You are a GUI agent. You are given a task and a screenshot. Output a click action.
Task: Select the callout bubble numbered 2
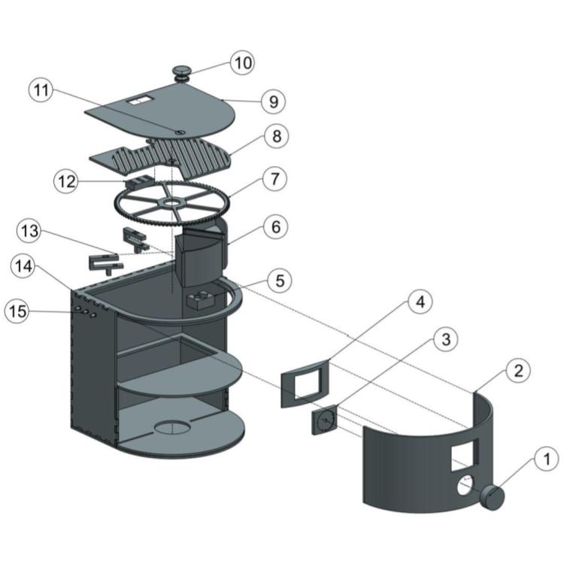click(x=519, y=370)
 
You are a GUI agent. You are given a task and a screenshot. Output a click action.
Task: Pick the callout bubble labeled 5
click(x=280, y=280)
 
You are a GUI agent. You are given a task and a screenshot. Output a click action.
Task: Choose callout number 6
click(x=275, y=226)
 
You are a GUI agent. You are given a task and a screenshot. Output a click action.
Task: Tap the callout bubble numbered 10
click(x=242, y=62)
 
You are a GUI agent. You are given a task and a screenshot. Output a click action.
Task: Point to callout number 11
click(x=42, y=91)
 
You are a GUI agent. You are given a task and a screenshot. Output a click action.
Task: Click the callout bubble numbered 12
click(x=66, y=181)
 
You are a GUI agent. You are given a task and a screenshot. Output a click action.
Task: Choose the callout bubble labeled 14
click(x=23, y=265)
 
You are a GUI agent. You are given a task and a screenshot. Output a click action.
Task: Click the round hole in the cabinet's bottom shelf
click(x=174, y=429)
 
